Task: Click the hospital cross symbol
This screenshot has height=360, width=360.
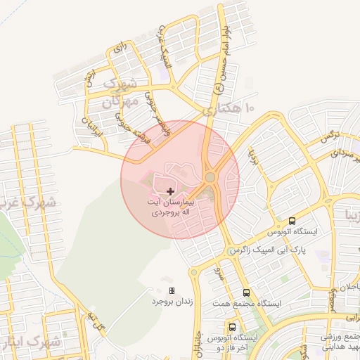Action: tap(171, 191)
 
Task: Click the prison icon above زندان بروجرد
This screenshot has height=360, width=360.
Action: tap(172, 290)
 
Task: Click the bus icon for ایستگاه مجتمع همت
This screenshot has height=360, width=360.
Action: tap(246, 292)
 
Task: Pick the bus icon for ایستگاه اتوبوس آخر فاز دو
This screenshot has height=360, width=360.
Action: tap(232, 327)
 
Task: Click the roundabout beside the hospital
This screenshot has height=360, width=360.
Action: tap(210, 178)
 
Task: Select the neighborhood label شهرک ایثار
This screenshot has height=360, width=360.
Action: tap(34, 342)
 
